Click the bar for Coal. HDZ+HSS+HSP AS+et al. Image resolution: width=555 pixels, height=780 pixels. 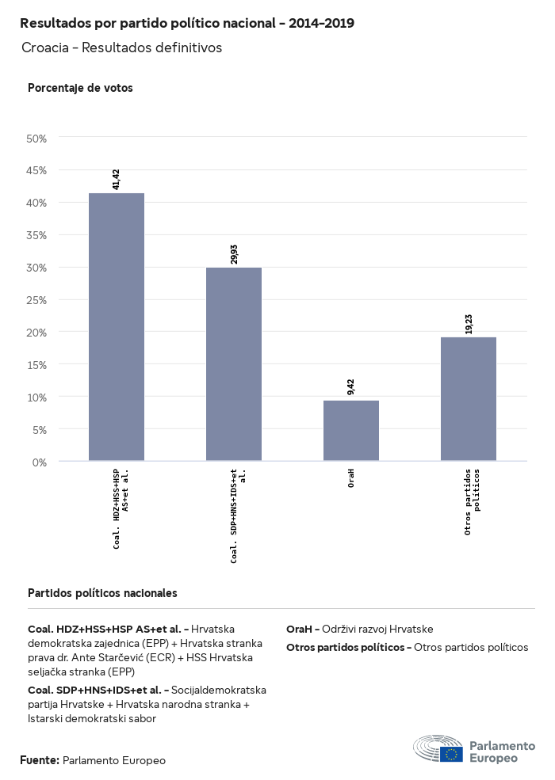(117, 326)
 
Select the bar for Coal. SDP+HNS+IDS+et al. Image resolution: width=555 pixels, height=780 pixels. (234, 363)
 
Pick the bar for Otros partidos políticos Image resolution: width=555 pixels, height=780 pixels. (469, 398)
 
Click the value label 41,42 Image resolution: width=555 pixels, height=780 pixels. (117, 179)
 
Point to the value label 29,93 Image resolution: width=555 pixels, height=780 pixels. (234, 253)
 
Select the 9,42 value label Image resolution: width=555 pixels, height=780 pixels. (351, 386)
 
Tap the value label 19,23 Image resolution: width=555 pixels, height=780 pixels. (469, 323)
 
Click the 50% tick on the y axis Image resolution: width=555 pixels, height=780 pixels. (37, 139)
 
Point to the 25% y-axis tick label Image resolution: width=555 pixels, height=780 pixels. (37, 300)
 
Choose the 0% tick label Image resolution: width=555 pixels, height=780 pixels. (40, 462)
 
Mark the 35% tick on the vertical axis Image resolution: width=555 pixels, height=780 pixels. (37, 235)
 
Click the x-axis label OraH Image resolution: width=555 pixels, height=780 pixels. (351, 478)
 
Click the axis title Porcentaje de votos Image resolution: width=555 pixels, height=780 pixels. (80, 88)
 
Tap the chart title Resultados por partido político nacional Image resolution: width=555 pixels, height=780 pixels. (187, 24)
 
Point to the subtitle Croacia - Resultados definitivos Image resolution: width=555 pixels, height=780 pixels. (121, 48)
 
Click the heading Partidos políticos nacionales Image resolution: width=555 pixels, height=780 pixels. (102, 592)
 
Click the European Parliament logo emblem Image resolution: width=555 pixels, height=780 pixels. (438, 748)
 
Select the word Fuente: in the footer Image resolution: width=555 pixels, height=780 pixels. (40, 760)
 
